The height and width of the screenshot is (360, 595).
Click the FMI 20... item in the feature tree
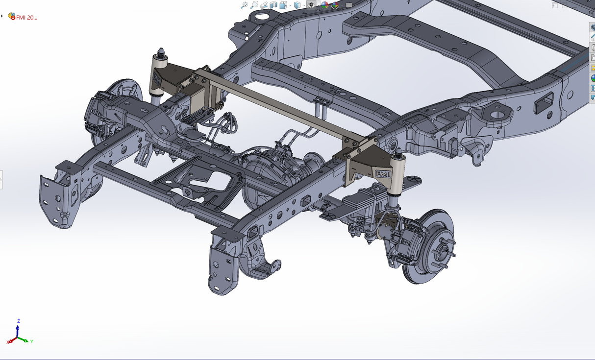pos(26,18)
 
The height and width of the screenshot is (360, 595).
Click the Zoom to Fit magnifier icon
pos(244,5)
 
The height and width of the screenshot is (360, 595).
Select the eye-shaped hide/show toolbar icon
pos(311,5)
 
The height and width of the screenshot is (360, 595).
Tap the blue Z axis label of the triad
pos(19,321)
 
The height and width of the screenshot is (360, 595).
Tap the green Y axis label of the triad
pos(31,341)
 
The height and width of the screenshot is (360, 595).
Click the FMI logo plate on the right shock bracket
pos(383,174)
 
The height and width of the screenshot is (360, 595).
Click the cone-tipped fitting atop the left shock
pos(161,52)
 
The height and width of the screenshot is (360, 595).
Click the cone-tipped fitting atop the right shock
pos(398,153)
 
